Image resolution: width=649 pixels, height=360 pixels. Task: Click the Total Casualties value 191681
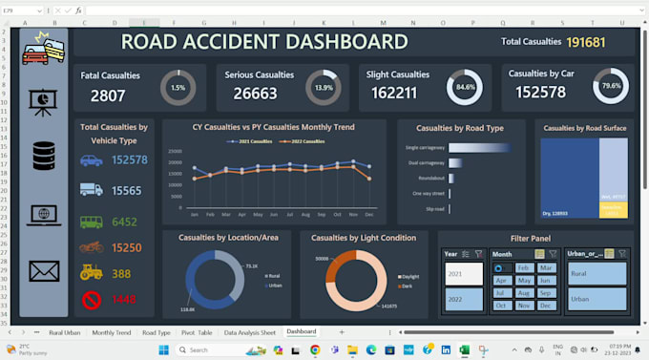pos(586,42)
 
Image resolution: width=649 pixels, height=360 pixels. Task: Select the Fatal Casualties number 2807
pos(108,95)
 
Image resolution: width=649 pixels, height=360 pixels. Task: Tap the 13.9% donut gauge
pos(324,88)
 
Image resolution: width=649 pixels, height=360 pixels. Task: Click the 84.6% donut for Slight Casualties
pos(466,88)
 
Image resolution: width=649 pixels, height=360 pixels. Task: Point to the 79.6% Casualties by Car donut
pos(609,88)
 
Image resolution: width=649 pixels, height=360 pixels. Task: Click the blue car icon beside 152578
pos(92,160)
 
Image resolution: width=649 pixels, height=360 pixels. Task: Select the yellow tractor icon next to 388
pos(92,272)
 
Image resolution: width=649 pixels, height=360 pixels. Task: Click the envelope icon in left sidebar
pos(44,271)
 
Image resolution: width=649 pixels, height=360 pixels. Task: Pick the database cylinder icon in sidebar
pos(44,156)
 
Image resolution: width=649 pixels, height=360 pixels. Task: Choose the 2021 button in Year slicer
pos(464,274)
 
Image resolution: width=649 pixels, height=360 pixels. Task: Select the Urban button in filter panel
pos(596,299)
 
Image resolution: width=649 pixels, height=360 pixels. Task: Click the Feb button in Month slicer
pos(523,268)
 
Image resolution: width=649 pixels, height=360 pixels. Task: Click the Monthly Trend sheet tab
pos(112,332)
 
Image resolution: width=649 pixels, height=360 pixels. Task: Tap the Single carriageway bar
pos(468,147)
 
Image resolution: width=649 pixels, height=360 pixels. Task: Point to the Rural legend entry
pos(275,276)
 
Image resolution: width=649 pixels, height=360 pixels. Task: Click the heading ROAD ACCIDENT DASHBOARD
pos(264,42)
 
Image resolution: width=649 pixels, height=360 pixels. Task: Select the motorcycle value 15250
pos(130,247)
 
